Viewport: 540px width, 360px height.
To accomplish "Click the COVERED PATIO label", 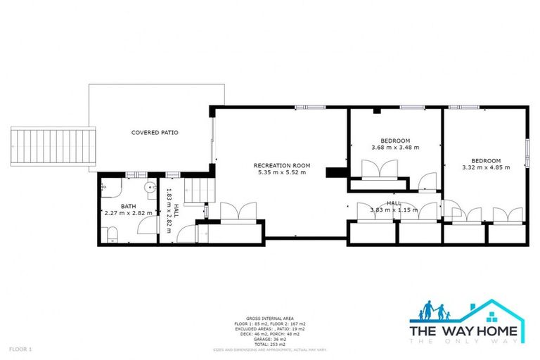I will (155, 132).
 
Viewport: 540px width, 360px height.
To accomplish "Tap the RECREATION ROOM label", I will (282, 166).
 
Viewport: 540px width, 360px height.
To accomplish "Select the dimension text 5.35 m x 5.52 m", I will (282, 173).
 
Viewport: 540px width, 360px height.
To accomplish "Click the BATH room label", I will (128, 206).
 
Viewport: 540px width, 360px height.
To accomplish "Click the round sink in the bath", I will (150, 188).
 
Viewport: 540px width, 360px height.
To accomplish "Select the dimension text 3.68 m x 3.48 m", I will (395, 148).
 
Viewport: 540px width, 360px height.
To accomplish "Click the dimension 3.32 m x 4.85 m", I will (486, 167).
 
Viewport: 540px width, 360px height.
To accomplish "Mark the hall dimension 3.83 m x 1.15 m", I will (394, 210).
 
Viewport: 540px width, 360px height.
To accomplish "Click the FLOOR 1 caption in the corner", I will (20, 349).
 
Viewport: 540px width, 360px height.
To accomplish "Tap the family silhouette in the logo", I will (434, 311).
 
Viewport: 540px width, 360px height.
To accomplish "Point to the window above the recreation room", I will (310, 107).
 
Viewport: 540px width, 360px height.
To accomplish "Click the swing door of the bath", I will (146, 225).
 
